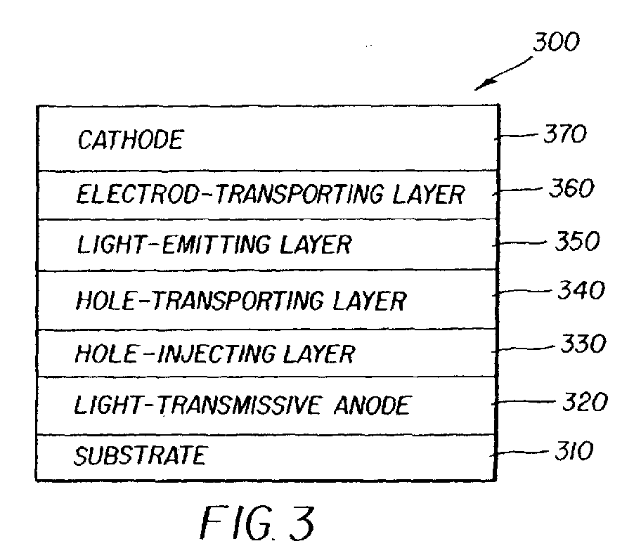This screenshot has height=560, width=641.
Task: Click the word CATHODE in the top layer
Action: click(x=130, y=140)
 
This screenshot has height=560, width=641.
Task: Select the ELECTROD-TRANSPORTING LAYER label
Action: click(x=270, y=194)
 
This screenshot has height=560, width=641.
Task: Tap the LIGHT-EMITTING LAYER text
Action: click(x=212, y=245)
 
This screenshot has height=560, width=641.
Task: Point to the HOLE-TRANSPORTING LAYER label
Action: click(x=240, y=301)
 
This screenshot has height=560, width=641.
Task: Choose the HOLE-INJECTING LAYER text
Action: click(x=214, y=353)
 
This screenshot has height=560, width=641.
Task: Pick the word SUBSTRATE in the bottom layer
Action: click(x=140, y=456)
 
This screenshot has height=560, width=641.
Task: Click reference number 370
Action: click(x=563, y=134)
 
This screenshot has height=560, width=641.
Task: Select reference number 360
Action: click(x=571, y=188)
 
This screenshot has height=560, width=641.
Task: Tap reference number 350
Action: click(x=576, y=242)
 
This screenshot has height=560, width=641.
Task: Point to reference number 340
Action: click(x=581, y=291)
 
